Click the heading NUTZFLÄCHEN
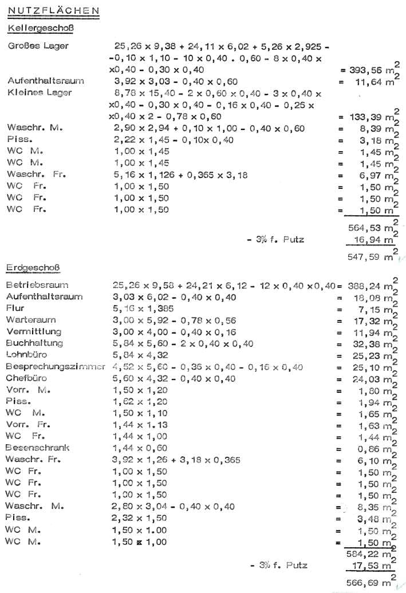click(54, 10)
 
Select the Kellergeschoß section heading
click(40, 27)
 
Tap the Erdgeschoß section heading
click(34, 267)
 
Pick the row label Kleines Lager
click(40, 92)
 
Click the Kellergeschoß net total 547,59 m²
click(370, 257)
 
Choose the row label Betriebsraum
click(37, 284)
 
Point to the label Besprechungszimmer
click(56, 366)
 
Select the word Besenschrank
click(37, 448)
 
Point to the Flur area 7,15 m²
click(375, 309)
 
